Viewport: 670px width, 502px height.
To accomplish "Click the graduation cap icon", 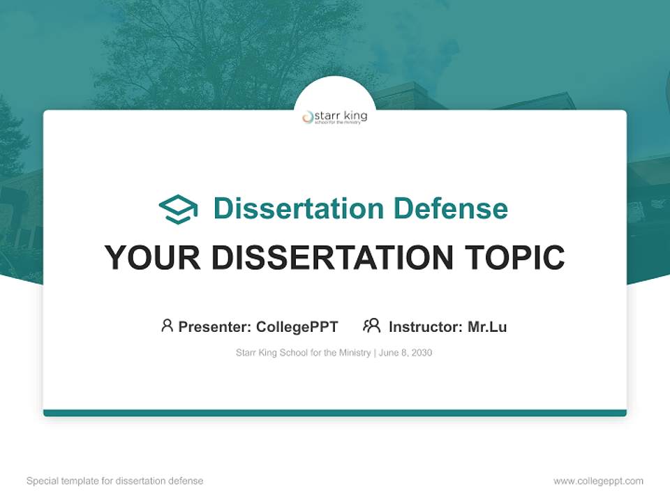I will point(178,209).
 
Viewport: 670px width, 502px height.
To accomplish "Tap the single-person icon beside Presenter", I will point(167,326).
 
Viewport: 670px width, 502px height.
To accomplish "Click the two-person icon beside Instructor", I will point(371,326).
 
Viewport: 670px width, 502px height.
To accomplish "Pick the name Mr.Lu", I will point(487,326).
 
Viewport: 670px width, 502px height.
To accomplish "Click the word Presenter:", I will point(215,326).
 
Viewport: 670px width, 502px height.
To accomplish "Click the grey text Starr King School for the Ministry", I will point(304,353).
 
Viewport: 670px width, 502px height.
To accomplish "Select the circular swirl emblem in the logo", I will point(308,118).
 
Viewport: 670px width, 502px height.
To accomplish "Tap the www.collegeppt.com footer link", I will point(598,481).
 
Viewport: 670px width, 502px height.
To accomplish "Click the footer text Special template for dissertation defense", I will point(115,481).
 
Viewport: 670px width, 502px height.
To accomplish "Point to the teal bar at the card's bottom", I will point(335,413).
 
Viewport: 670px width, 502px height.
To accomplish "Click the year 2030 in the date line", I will point(422,353).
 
